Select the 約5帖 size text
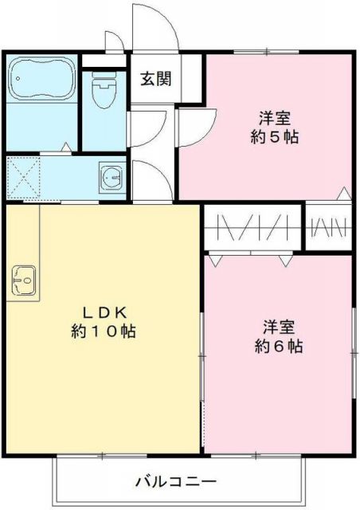[x=274, y=136]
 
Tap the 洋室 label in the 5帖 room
[x=274, y=118]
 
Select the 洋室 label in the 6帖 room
[x=278, y=327]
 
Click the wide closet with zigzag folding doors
[x=253, y=228]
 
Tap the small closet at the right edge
[x=329, y=228]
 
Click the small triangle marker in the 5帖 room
[x=342, y=193]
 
